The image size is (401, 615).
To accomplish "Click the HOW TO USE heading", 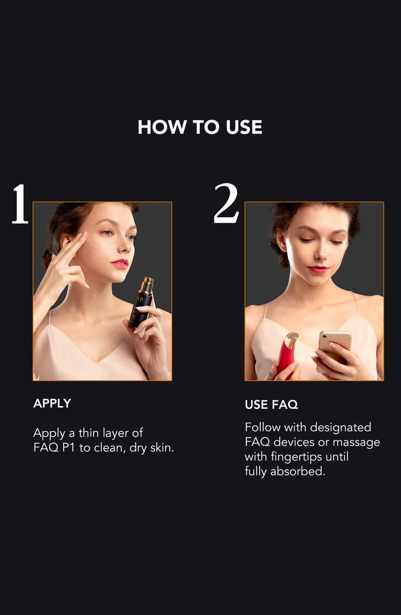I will (x=200, y=127).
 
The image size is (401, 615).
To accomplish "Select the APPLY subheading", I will (x=52, y=404).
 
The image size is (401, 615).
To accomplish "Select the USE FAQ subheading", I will (x=271, y=405).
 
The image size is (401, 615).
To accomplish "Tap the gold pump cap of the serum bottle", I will (x=146, y=284).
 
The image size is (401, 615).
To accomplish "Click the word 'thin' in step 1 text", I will (x=89, y=433).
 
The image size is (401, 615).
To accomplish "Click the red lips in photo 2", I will (x=318, y=269).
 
